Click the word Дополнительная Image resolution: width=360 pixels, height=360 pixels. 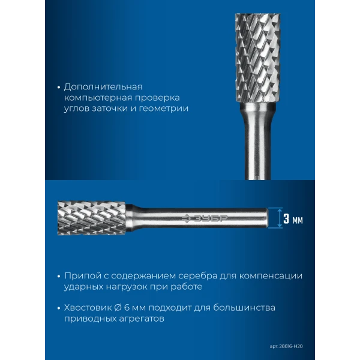click(x=103, y=87)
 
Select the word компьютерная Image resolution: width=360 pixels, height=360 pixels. click(x=98, y=98)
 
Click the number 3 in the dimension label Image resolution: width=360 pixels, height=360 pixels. click(x=286, y=218)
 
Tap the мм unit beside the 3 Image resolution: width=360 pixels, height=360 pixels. click(x=298, y=220)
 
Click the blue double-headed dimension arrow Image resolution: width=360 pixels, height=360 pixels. click(x=280, y=218)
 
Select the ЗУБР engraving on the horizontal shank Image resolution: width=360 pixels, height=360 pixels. click(x=205, y=218)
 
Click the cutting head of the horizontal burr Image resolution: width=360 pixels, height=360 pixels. click(x=92, y=218)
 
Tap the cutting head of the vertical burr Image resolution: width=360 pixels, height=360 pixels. click(x=258, y=58)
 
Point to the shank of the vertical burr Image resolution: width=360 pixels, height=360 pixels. click(x=258, y=141)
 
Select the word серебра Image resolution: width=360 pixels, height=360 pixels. click(x=197, y=276)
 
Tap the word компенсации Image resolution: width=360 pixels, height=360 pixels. click(x=271, y=276)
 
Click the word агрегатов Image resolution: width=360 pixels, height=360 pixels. click(x=142, y=319)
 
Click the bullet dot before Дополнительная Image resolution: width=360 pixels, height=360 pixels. click(x=59, y=88)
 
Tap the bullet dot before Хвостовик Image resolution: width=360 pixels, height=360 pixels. click(x=59, y=308)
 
